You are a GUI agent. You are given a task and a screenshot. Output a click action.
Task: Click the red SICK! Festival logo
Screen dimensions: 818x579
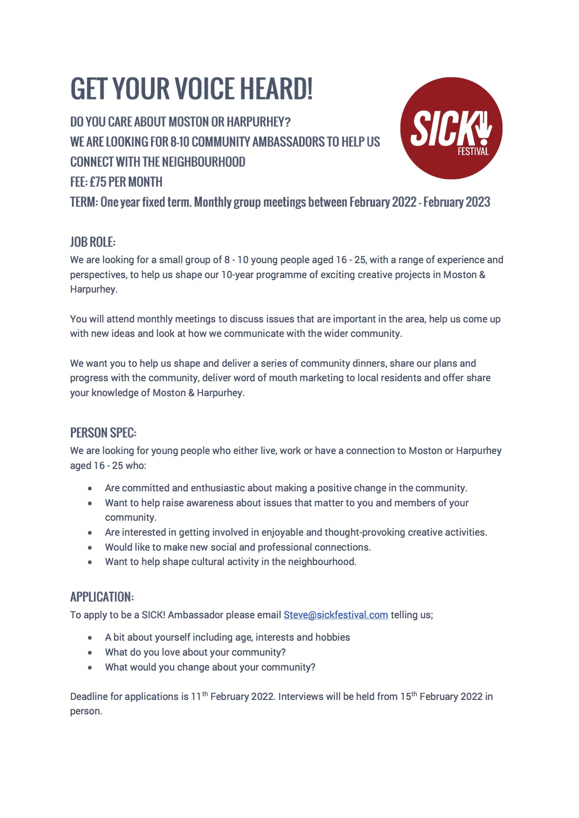coord(451,128)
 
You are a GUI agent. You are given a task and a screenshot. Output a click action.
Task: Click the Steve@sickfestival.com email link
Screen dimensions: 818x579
coord(336,615)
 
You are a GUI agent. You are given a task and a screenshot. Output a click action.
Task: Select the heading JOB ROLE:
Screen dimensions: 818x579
coord(92,242)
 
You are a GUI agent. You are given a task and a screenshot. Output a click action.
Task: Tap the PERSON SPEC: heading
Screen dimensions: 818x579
coord(103,433)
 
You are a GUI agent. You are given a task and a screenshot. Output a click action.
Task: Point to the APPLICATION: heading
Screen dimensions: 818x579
coord(102,597)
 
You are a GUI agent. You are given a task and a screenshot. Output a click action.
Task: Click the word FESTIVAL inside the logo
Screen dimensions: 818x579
coord(473,152)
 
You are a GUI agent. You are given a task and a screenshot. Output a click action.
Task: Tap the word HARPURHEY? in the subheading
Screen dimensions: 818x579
coord(258,122)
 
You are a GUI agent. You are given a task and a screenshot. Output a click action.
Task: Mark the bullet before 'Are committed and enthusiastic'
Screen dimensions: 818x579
coord(90,489)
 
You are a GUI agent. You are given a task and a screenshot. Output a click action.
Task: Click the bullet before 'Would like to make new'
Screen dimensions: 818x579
coord(90,548)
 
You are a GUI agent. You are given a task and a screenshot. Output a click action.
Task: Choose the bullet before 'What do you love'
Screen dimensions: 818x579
coord(90,653)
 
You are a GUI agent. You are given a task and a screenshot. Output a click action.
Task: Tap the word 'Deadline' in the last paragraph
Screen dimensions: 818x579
coord(89,697)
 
